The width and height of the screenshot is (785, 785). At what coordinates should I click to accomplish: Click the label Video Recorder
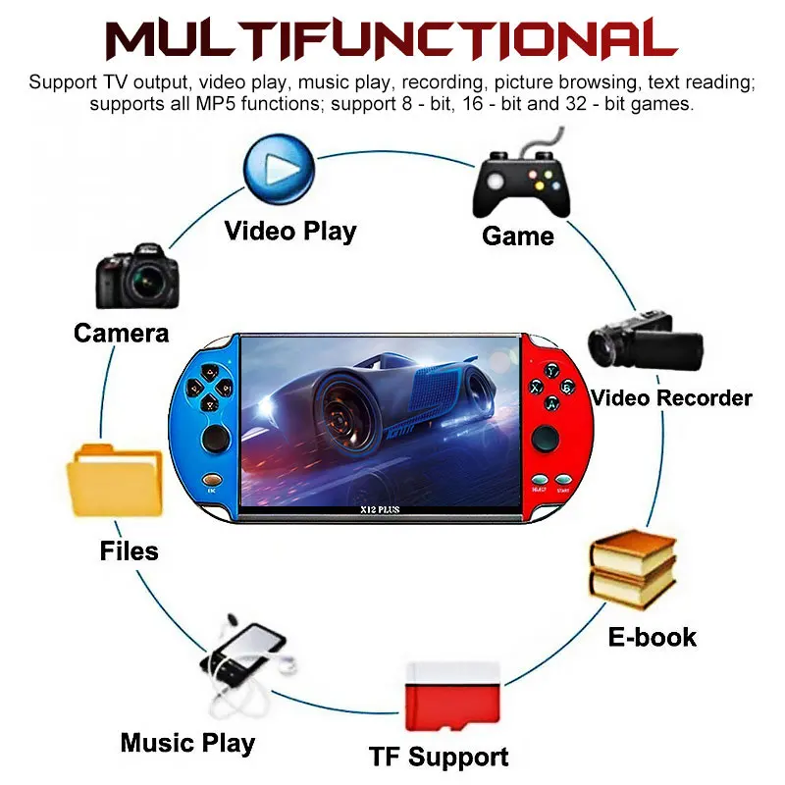coord(671,397)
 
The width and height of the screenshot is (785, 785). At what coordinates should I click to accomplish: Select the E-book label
coord(652,636)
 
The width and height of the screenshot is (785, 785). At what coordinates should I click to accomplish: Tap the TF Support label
coord(439,757)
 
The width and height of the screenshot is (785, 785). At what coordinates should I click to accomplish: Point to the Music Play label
coord(187,742)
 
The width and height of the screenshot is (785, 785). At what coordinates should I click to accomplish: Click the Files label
coord(129,550)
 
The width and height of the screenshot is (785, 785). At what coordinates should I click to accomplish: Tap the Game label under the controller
coord(518,235)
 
